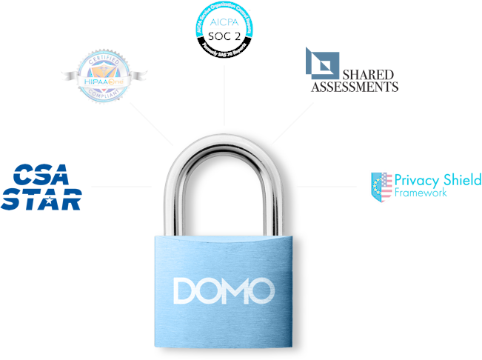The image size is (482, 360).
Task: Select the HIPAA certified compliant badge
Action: click(104, 76)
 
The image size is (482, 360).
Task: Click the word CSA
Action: click(43, 176)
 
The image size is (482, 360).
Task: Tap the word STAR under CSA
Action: click(41, 199)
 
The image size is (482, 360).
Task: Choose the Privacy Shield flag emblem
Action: click(381, 187)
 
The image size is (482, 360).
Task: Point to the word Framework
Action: click(421, 193)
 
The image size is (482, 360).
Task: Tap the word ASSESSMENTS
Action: click(355, 87)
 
